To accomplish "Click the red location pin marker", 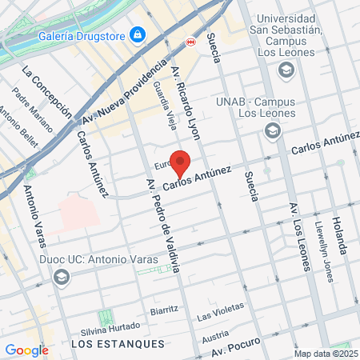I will coord(181,163).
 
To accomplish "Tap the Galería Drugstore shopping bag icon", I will coord(138,34).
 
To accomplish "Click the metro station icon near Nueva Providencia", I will coord(190,42).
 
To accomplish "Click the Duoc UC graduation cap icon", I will coord(60,277).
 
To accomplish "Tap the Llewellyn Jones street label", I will coord(324,250).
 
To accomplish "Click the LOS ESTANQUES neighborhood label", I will coord(117,343).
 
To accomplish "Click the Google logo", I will coord(26,350).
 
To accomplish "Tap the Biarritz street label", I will coord(164,310).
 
